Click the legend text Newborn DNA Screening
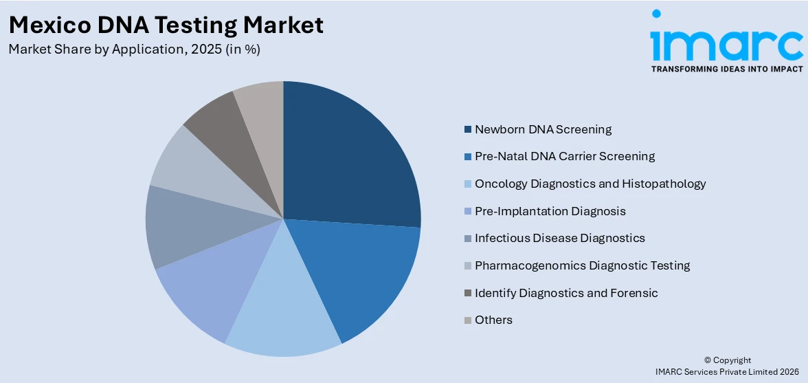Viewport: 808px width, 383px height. [x=543, y=129]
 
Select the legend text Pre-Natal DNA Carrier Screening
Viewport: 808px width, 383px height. [x=565, y=156]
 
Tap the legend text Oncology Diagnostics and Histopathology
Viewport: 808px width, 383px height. [x=590, y=184]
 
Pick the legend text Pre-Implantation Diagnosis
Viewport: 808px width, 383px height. [x=550, y=211]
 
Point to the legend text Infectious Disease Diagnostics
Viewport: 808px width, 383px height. [x=559, y=238]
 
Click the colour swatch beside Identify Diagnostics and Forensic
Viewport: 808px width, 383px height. [x=468, y=293]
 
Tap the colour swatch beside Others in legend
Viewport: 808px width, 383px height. [x=468, y=320]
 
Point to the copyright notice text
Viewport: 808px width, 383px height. [x=732, y=366]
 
